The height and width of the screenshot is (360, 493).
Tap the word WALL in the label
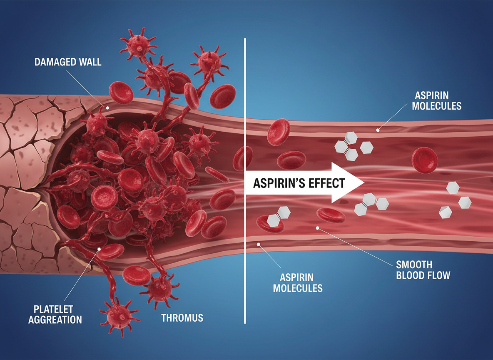click(x=90, y=62)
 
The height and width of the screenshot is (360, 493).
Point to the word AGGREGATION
click(x=55, y=320)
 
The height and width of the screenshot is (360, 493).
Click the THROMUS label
click(x=182, y=318)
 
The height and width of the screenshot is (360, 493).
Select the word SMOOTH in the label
click(x=414, y=265)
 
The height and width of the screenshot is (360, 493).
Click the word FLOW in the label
click(x=439, y=275)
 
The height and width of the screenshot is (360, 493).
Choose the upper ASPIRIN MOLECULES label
click(x=436, y=100)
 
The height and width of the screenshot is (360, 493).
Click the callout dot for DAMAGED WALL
click(x=107, y=107)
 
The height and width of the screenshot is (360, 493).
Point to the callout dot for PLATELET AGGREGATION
click(x=99, y=249)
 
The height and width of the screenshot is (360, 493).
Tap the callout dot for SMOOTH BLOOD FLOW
click(x=318, y=227)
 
